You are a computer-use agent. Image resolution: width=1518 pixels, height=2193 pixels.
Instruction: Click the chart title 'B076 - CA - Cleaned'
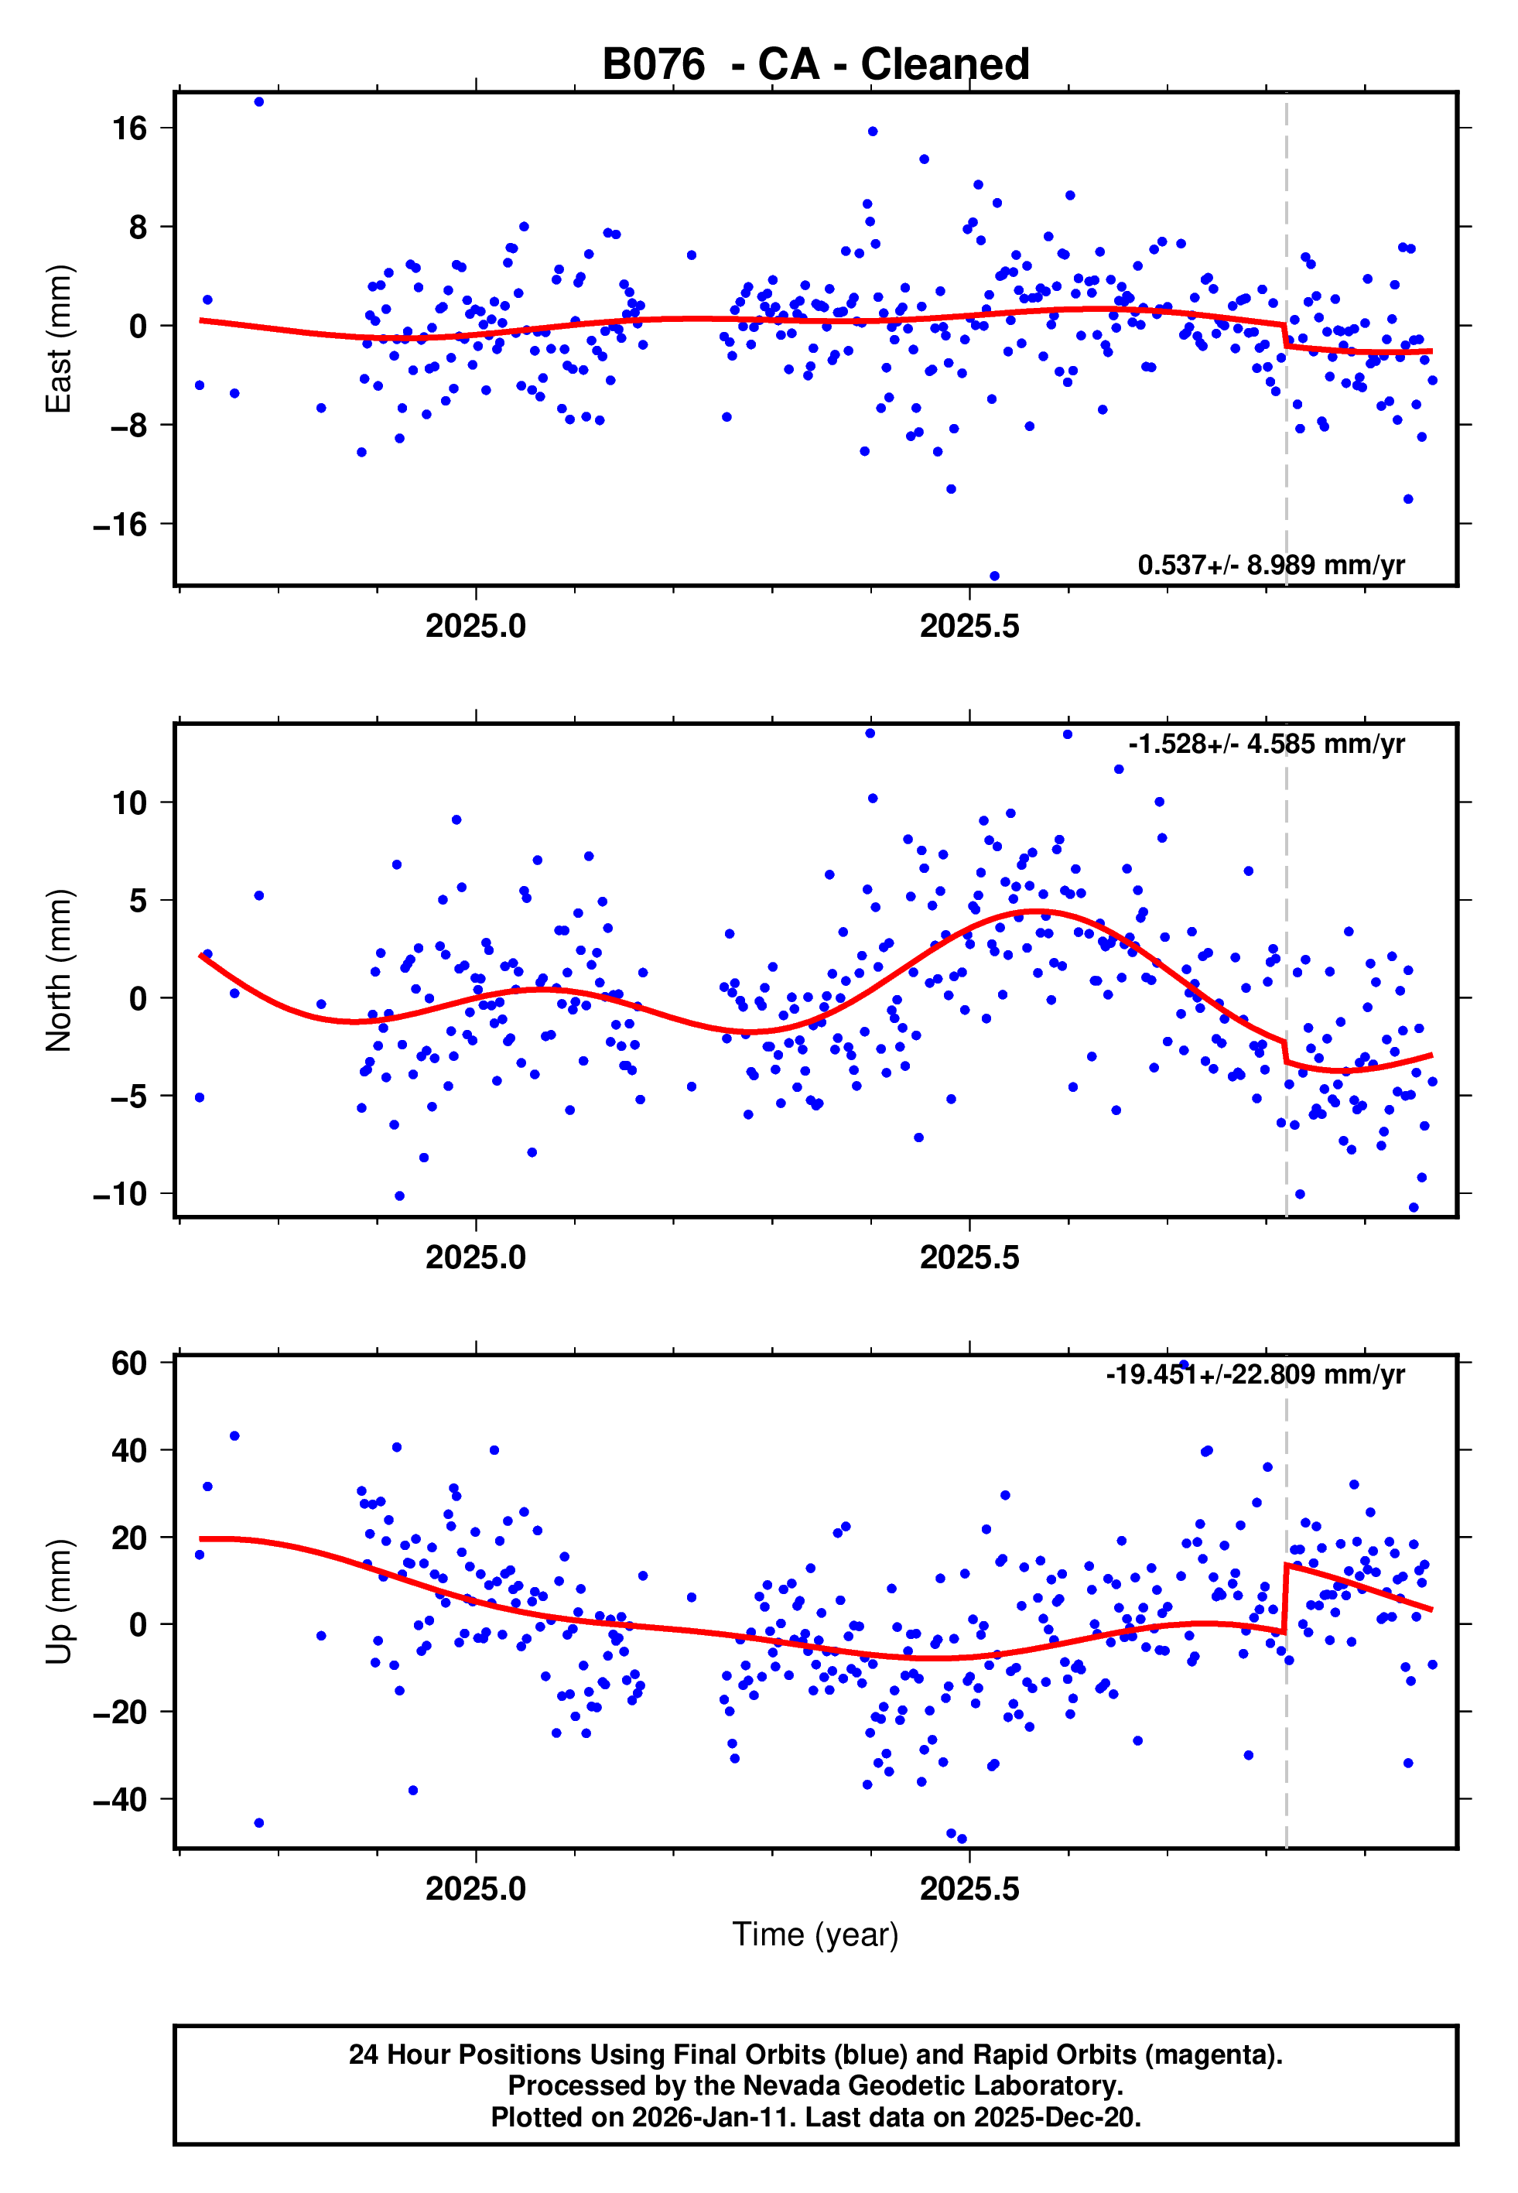[x=815, y=65]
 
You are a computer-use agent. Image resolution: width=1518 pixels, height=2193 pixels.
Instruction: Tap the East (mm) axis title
[x=59, y=339]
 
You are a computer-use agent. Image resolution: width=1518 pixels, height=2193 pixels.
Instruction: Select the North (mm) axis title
[x=59, y=970]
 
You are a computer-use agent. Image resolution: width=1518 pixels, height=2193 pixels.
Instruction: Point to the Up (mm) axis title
[x=59, y=1602]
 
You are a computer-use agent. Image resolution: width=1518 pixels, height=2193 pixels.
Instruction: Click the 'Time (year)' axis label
[x=815, y=1935]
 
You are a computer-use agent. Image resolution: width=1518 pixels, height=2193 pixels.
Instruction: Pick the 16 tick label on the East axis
[x=130, y=128]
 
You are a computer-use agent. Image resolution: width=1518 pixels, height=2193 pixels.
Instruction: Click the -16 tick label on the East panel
[x=121, y=524]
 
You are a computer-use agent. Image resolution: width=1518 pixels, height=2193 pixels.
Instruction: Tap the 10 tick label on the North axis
[x=130, y=802]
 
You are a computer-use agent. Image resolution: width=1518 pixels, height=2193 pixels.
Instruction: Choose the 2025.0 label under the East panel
[x=476, y=626]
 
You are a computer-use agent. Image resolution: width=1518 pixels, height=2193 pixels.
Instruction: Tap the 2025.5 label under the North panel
[x=969, y=1257]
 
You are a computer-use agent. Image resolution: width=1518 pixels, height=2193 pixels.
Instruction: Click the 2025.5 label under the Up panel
[x=969, y=1889]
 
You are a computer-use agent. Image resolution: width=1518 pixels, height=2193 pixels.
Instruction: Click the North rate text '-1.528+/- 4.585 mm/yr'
[x=1266, y=744]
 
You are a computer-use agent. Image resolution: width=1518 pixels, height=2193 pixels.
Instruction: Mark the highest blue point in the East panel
[x=258, y=101]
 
